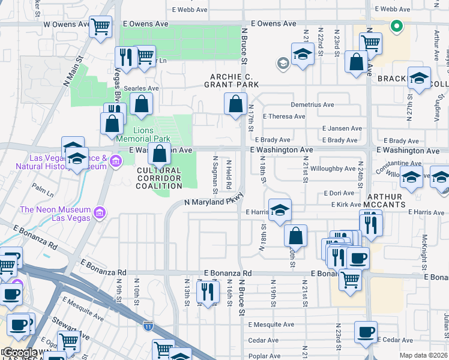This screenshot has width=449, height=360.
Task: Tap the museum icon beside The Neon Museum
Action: (x=100, y=212)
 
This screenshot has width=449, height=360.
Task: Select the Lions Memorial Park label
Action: (x=143, y=134)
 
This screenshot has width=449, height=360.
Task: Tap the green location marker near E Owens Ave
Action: (x=396, y=26)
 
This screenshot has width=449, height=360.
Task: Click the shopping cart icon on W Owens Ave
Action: (x=101, y=26)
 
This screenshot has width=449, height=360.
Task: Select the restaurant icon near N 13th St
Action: (x=208, y=292)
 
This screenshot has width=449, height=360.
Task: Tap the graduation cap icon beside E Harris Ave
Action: (x=280, y=209)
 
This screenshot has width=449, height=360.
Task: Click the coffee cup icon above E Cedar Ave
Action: (x=365, y=331)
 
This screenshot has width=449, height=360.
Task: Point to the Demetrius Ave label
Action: (x=312, y=104)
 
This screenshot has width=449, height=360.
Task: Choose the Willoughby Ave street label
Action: (x=333, y=169)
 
